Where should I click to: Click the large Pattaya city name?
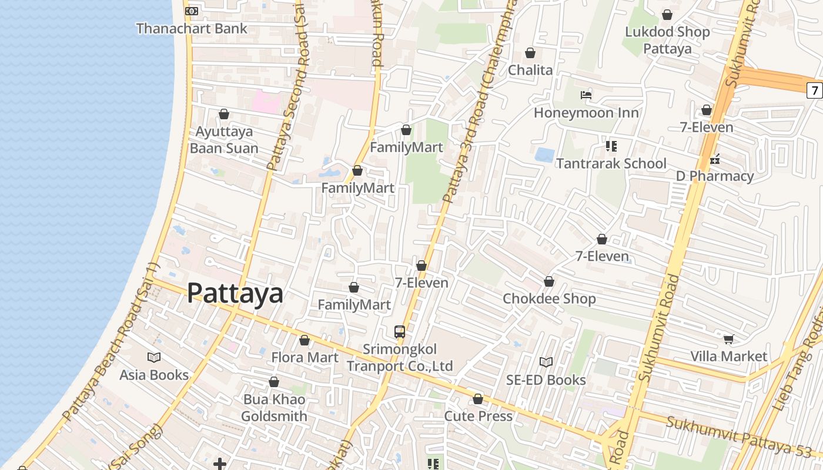pyautogui.click(x=235, y=293)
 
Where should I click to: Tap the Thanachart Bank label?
pyautogui.click(x=192, y=28)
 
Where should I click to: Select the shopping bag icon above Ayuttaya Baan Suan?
pyautogui.click(x=224, y=114)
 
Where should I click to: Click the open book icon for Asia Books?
pyautogui.click(x=154, y=357)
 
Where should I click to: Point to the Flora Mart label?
pyautogui.click(x=305, y=357)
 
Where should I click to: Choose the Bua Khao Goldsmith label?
pyautogui.click(x=274, y=408)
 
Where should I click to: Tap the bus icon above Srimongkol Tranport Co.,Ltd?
pyautogui.click(x=400, y=331)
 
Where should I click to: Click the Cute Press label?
pyautogui.click(x=479, y=416)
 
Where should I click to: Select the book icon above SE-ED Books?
pyautogui.click(x=546, y=362)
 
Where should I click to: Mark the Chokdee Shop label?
pyautogui.click(x=549, y=298)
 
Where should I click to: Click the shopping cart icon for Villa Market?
pyautogui.click(x=729, y=338)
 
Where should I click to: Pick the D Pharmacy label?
pyautogui.click(x=715, y=176)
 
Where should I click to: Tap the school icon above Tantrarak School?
pyautogui.click(x=611, y=146)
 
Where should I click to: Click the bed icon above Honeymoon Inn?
pyautogui.click(x=586, y=95)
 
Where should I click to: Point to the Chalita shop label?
pyautogui.click(x=530, y=70)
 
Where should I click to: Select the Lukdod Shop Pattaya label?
pyautogui.click(x=667, y=40)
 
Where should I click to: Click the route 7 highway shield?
pyautogui.click(x=814, y=90)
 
